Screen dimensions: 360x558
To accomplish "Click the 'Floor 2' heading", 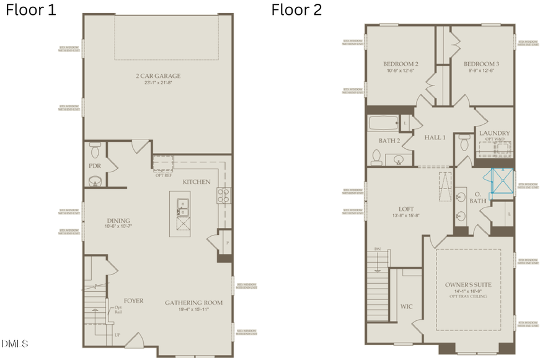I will (296, 11).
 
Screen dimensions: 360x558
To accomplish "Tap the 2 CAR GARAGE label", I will (158, 76).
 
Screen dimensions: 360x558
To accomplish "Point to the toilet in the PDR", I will (95, 150).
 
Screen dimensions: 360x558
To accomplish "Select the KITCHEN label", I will (196, 182).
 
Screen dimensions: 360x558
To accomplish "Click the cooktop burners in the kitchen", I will (223, 196).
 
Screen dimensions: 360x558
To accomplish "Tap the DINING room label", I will (118, 221).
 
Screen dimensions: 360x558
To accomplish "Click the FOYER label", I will (133, 301).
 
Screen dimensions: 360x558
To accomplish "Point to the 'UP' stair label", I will (117, 335).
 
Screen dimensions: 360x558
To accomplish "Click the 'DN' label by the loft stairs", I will (377, 249).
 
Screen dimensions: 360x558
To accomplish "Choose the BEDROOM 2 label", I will (400, 64).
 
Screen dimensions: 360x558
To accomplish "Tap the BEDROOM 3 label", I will (481, 64).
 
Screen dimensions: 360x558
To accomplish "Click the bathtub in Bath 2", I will (383, 122).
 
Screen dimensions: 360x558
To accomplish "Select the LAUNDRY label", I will (494, 133).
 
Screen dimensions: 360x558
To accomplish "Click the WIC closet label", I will (407, 306).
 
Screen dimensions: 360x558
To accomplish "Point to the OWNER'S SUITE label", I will (468, 284).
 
